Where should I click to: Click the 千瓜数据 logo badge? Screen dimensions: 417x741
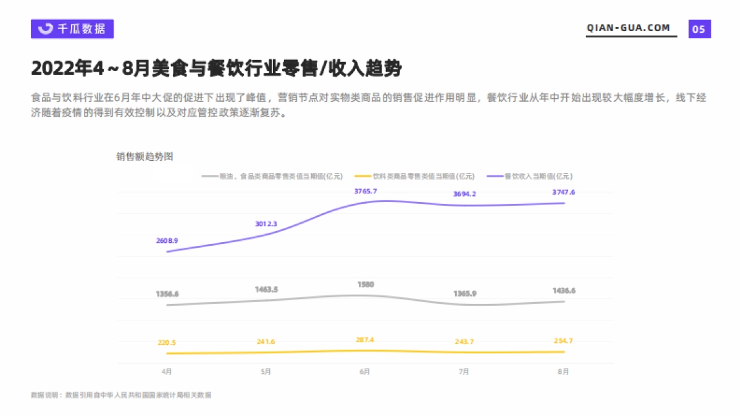click(72, 28)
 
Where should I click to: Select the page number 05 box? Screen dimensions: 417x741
click(700, 29)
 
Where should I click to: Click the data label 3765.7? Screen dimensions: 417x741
click(366, 192)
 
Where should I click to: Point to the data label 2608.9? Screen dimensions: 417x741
click(167, 240)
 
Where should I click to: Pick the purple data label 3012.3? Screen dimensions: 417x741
click(266, 224)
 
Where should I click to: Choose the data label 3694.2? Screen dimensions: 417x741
click(464, 194)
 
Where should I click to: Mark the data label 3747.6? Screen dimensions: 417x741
click(563, 192)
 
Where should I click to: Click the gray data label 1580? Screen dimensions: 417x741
click(366, 284)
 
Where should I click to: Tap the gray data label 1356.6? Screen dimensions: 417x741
click(167, 294)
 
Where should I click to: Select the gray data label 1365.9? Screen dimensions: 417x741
click(464, 293)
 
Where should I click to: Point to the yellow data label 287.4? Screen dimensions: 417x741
click(366, 340)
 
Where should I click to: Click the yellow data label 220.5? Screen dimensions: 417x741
click(167, 343)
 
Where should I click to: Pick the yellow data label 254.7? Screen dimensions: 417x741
click(563, 342)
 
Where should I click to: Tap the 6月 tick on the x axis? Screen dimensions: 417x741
click(366, 372)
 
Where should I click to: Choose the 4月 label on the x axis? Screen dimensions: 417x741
click(167, 372)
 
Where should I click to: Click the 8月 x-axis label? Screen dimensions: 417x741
click(563, 372)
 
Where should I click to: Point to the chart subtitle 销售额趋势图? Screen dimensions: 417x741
click(144, 157)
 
